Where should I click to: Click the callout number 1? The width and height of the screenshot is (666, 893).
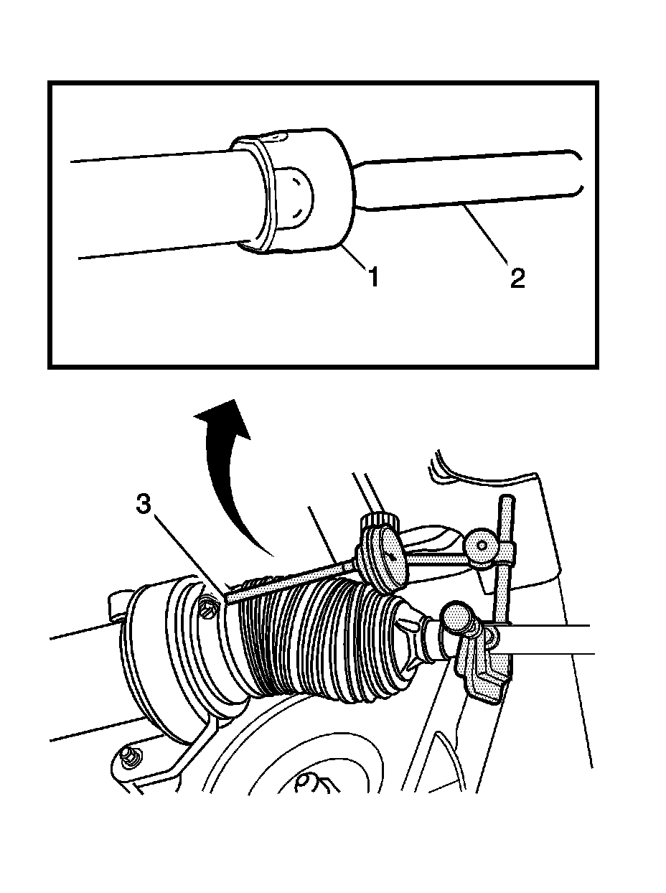click(374, 276)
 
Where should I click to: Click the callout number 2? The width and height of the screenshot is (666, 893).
click(517, 279)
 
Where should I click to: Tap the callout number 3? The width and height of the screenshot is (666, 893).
click(143, 505)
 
